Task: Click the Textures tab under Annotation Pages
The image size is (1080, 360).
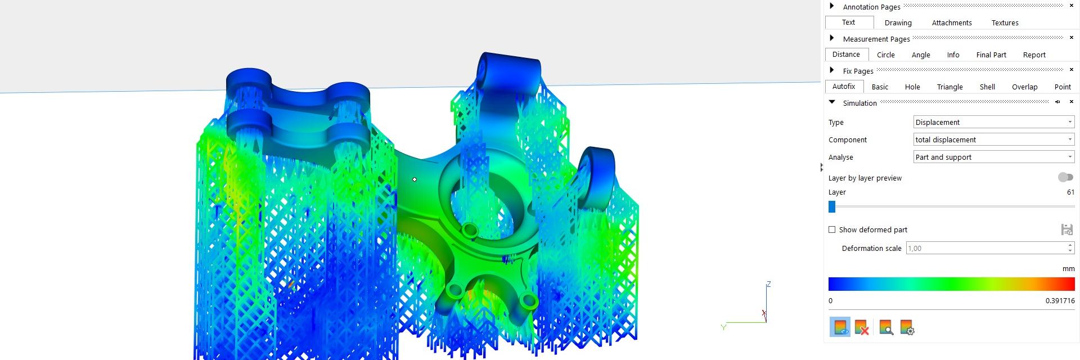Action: coord(1005,23)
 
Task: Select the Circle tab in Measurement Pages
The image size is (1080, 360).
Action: coord(885,55)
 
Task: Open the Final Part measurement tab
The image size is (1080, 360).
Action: coord(991,55)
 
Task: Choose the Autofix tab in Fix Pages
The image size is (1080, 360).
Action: coord(843,87)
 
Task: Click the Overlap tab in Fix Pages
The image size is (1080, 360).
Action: coord(1024,87)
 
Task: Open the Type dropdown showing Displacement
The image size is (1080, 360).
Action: coord(993,122)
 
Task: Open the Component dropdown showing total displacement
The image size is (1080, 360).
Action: coord(993,139)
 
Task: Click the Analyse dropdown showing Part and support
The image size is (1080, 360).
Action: coord(993,157)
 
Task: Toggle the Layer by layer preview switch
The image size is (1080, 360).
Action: coord(1065,178)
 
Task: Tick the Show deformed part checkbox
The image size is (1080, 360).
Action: coord(832,229)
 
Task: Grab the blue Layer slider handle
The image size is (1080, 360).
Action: coord(832,207)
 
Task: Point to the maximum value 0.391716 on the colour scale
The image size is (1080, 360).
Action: coord(1060,301)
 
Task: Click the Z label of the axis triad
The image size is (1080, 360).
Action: coord(768,284)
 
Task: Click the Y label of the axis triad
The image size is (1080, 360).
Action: coord(723,327)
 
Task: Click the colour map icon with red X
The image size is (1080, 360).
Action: coord(861,327)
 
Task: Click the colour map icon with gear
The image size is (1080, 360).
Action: coord(907,327)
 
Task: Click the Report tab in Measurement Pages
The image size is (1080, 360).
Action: coord(1034,55)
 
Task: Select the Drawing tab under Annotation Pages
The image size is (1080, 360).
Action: coord(898,23)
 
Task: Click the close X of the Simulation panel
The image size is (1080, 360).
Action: coord(1071,102)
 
